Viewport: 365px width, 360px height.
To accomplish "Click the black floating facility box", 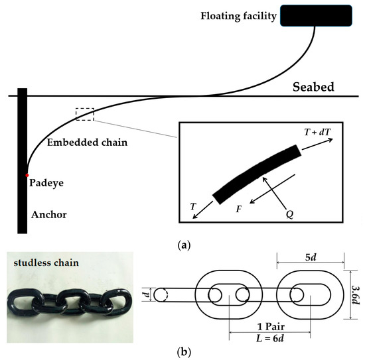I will click(x=317, y=15).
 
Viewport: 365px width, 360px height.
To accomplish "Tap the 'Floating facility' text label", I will click(x=238, y=15).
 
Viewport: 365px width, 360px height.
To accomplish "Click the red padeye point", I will click(x=27, y=175).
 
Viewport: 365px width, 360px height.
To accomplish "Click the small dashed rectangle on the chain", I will click(x=85, y=113).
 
